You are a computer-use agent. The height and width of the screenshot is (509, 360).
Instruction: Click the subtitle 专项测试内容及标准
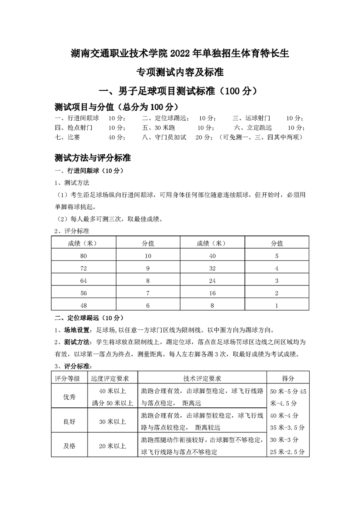[180, 73]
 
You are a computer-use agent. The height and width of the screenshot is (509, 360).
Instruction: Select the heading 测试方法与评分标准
[92, 158]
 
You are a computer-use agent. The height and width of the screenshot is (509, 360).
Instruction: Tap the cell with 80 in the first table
[83, 256]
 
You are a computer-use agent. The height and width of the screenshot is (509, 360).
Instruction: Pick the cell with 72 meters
[83, 269]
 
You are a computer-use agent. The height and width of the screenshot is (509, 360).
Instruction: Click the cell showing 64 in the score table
[83, 281]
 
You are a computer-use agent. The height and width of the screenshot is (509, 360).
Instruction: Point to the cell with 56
[83, 293]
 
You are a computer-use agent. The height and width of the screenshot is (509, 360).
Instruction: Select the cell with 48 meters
[83, 305]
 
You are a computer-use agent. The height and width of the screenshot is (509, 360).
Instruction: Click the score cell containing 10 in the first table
[148, 256]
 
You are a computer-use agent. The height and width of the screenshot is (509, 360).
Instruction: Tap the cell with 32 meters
[212, 269]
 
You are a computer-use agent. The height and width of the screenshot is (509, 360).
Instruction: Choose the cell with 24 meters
[212, 281]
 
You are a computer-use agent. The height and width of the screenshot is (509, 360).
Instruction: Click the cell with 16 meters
[212, 293]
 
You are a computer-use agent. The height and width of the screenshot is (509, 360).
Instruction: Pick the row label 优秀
[69, 396]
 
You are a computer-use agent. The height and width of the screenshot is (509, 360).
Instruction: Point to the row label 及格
[69, 446]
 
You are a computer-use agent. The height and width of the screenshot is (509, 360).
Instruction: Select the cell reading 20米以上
[112, 446]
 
